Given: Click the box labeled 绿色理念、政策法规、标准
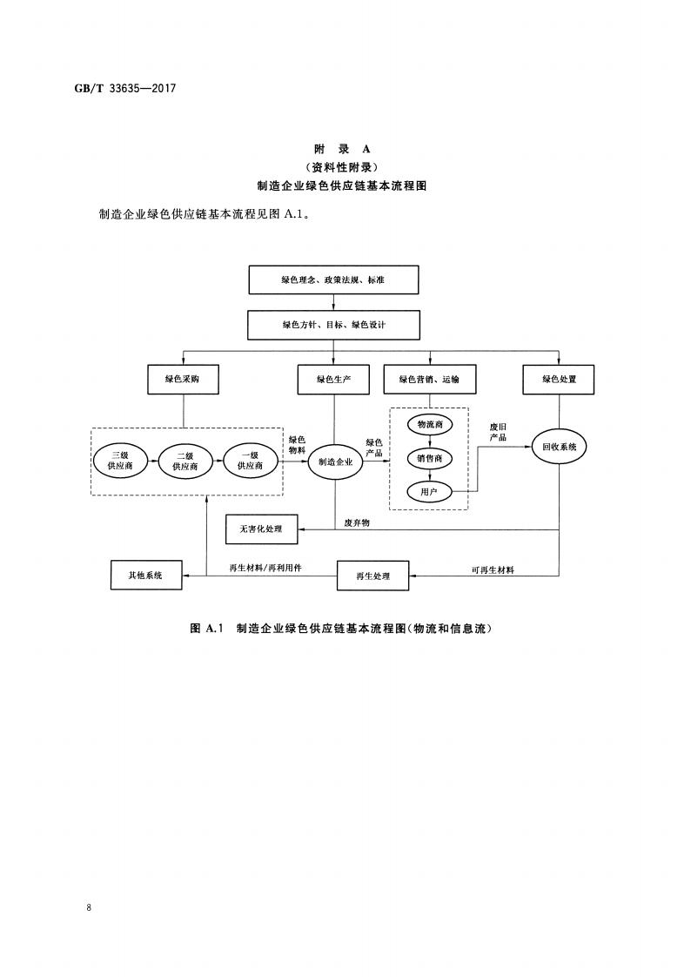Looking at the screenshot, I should (x=333, y=280).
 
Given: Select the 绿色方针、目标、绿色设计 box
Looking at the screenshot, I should (x=333, y=325).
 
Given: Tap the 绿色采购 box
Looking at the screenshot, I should (x=183, y=379).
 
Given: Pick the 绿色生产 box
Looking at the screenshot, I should (x=335, y=379).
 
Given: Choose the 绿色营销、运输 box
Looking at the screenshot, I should (x=428, y=379).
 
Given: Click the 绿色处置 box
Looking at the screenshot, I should (x=559, y=379).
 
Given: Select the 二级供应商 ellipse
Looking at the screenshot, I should (x=184, y=461).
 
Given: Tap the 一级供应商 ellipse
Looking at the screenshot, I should (x=250, y=461).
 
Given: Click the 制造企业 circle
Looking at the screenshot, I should (x=335, y=462).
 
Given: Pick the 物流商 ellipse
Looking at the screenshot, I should (x=429, y=424).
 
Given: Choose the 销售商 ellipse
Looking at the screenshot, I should (x=429, y=458).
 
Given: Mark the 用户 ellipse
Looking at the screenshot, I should (x=429, y=492).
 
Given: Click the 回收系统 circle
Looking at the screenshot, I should (x=559, y=448).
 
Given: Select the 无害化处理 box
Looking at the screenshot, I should (x=261, y=528).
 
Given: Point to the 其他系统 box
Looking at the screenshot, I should (x=147, y=575).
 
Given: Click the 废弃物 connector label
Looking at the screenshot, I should (x=357, y=522).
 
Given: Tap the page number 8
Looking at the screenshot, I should (x=90, y=907).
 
